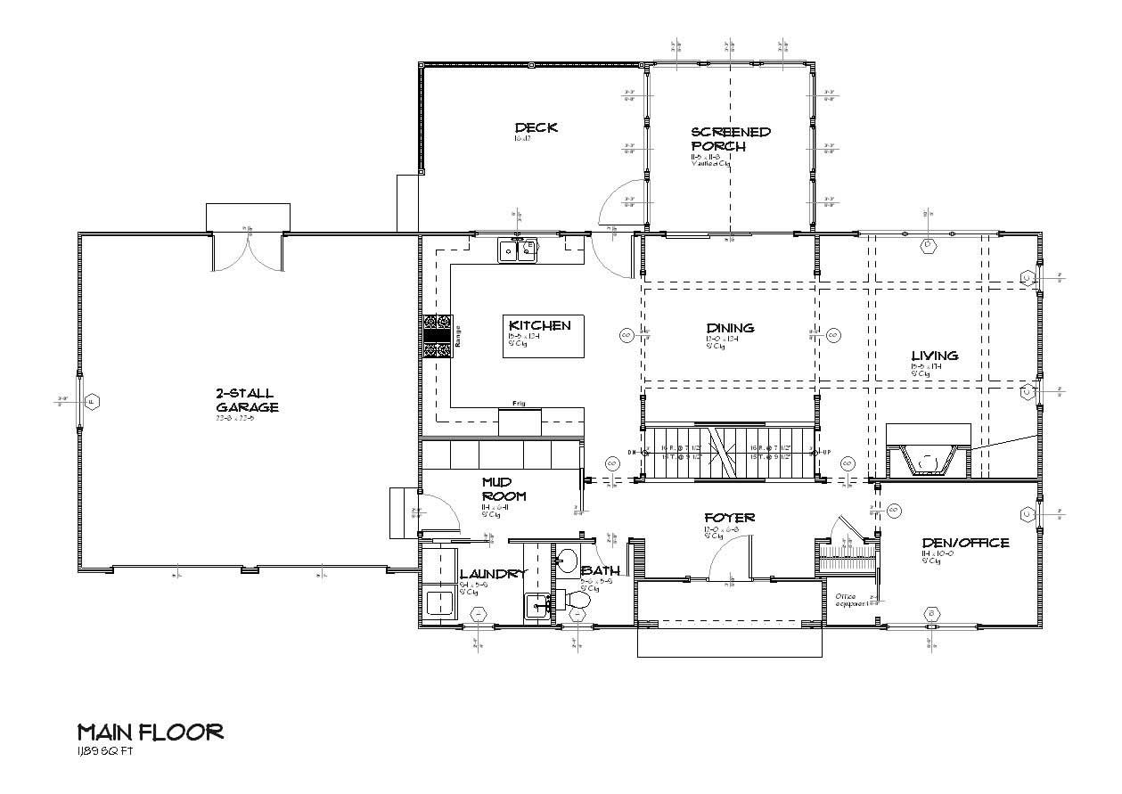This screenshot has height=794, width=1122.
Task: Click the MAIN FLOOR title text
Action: [x=150, y=733]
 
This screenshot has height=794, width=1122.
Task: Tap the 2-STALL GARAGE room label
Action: [x=246, y=400]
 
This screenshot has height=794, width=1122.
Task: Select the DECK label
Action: [x=536, y=127]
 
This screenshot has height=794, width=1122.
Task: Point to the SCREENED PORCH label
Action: [x=731, y=139]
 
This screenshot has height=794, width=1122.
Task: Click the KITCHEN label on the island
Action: [x=539, y=325]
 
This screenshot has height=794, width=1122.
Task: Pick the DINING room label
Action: [x=730, y=328]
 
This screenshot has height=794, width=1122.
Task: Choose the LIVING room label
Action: [x=934, y=356]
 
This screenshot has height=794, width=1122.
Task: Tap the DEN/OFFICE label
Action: [x=966, y=543]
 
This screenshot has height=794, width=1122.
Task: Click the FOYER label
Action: [x=729, y=518]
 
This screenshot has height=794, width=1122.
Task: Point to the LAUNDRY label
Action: [x=493, y=575]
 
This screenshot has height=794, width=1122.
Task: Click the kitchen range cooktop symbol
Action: [x=438, y=337]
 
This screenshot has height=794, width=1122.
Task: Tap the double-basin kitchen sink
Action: [x=518, y=250]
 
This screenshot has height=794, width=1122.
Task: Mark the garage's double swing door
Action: [x=247, y=252]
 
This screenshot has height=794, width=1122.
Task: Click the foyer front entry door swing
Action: [x=729, y=560]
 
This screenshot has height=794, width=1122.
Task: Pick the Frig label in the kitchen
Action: [x=519, y=404]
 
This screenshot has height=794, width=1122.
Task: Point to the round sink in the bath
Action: [x=567, y=561]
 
